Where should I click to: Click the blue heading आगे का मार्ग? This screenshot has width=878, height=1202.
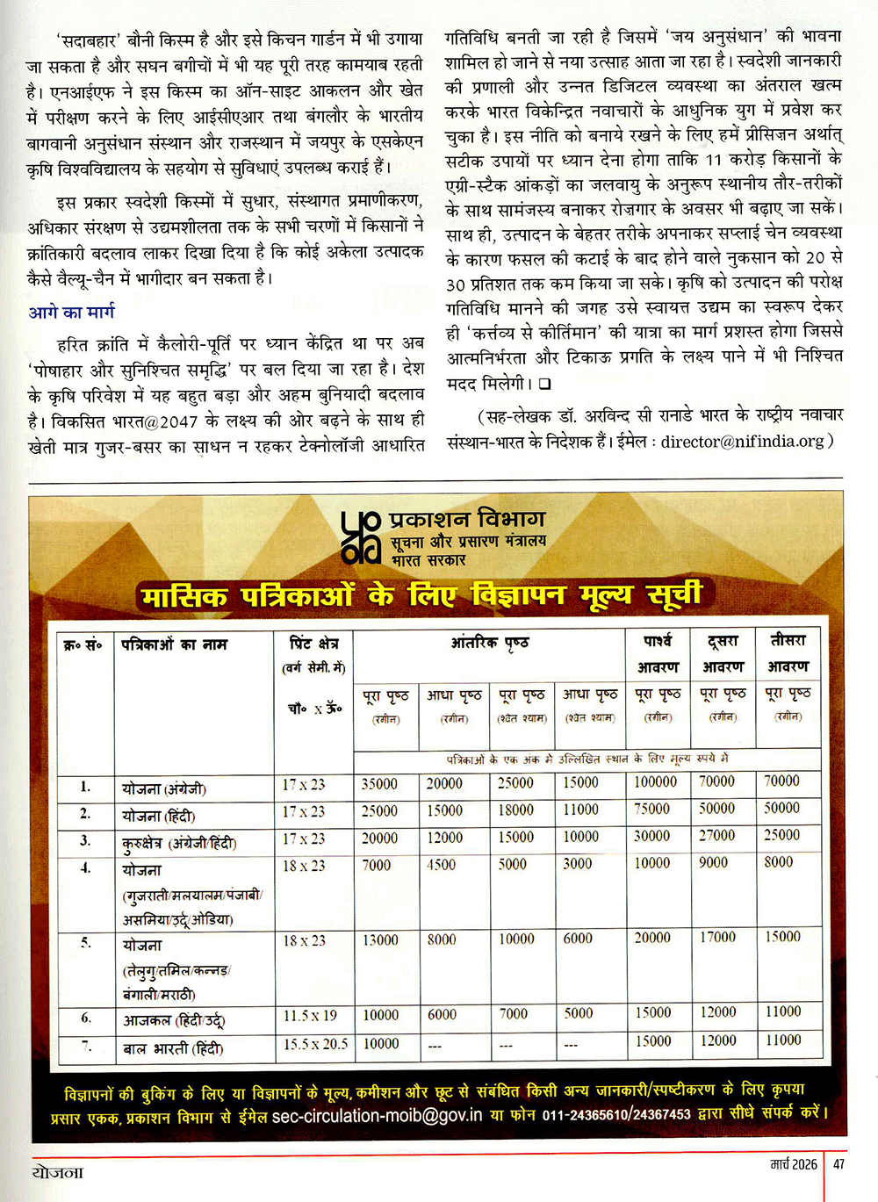[x=71, y=313]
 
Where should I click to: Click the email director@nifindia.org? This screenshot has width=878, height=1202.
[x=743, y=442]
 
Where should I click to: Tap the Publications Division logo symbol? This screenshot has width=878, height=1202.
[x=360, y=537]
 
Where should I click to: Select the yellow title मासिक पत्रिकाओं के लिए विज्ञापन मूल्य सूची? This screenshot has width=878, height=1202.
[x=421, y=596]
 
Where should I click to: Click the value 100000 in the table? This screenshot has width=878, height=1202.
[x=655, y=782]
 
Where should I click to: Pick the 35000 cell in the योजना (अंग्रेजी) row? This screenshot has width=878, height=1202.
[x=379, y=784]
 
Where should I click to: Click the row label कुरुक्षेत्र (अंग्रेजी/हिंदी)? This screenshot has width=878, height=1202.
[x=179, y=844]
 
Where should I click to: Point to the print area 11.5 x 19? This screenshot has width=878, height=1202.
[x=310, y=1016]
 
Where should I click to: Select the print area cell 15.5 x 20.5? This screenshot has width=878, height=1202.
[x=315, y=1045]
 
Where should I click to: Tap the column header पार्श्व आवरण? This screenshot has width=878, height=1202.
[x=658, y=654]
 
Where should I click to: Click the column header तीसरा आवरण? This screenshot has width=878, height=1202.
[x=788, y=653]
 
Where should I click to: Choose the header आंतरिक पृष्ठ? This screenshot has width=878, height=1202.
[x=489, y=644]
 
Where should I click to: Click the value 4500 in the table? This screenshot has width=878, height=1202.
[x=441, y=865]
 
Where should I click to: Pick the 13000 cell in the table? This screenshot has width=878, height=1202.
[x=380, y=939]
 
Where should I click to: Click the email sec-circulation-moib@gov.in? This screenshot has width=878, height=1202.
[x=377, y=1116]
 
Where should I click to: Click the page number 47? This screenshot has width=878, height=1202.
[x=839, y=1164]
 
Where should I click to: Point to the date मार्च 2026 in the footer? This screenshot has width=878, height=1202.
[x=794, y=1164]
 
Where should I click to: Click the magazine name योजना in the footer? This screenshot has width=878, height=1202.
[x=58, y=1173]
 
